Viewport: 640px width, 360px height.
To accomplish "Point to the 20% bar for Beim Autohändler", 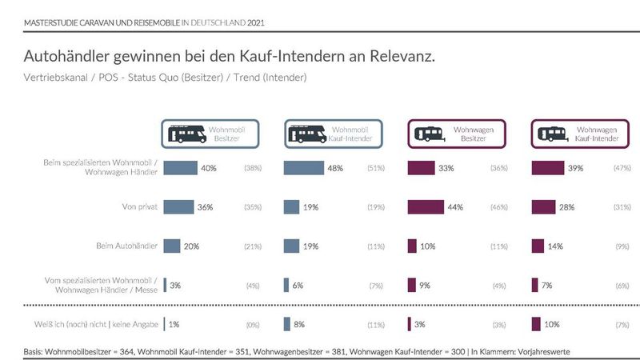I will pyautogui.click(x=171, y=246).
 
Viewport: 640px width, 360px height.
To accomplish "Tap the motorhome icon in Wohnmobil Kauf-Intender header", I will pyautogui.click(x=307, y=134).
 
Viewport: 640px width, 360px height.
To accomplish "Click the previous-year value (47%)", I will pyautogui.click(x=622, y=169).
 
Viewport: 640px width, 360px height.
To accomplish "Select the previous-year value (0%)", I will pyautogui.click(x=252, y=324).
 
